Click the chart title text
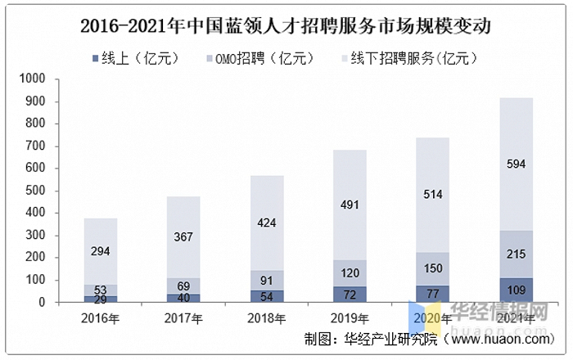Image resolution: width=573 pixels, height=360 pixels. [x=286, y=25]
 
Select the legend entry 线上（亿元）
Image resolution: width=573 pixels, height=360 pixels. [x=136, y=58]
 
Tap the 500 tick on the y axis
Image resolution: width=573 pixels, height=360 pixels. [x=35, y=191]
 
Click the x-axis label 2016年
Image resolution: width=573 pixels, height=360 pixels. [x=100, y=317]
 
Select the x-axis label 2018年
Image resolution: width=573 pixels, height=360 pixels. [x=267, y=317]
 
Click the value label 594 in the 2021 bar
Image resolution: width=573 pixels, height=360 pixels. [x=517, y=164]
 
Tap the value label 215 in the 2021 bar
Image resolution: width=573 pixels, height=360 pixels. [x=517, y=254]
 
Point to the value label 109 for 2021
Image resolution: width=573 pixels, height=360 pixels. [x=517, y=290]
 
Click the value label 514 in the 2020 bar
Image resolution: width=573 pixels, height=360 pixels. [x=433, y=193]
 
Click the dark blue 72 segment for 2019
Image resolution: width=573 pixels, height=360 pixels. [x=350, y=294]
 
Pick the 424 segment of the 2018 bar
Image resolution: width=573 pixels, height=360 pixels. [x=266, y=223]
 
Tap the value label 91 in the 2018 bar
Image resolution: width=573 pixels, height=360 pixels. [x=266, y=280]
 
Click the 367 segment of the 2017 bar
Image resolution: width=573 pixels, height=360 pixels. [x=183, y=236]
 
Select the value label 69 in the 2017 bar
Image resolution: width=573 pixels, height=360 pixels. [x=183, y=286]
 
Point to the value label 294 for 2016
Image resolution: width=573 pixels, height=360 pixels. [x=100, y=251]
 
